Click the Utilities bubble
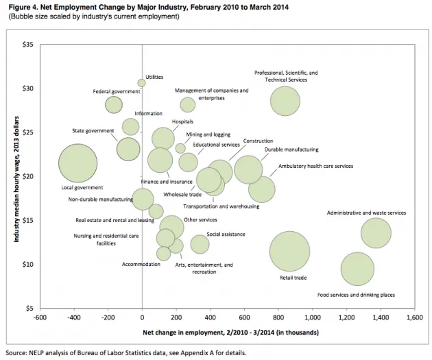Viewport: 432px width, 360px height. click(141, 83)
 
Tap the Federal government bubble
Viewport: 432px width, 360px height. click(114, 104)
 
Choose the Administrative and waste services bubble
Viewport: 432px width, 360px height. click(376, 233)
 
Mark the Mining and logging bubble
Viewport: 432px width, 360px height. click(180, 148)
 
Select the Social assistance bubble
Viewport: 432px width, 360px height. click(200, 243)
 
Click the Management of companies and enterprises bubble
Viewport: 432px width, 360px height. click(188, 104)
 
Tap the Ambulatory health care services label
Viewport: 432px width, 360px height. click(315, 166)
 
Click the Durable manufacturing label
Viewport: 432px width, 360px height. click(291, 149)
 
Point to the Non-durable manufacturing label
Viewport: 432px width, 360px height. click(100, 200)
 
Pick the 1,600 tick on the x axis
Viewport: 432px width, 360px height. click(414, 318)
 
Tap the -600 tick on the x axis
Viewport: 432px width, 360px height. click(40, 318)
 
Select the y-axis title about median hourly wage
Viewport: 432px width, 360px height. click(15, 176)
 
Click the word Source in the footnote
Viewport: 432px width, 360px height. click(16, 353)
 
